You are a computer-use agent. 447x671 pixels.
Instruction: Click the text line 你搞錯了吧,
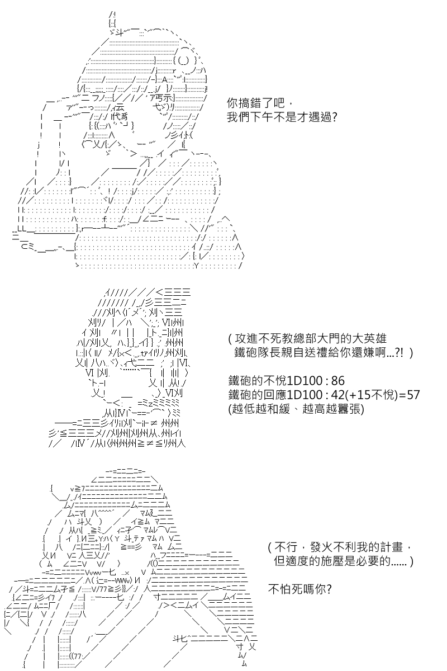click(x=259, y=103)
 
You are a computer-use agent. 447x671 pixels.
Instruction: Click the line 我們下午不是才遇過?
click(x=282, y=117)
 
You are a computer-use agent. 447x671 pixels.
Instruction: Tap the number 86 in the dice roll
click(x=338, y=381)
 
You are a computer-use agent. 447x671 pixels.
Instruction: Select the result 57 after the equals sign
click(x=413, y=395)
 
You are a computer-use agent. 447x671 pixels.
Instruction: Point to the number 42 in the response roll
click(x=338, y=395)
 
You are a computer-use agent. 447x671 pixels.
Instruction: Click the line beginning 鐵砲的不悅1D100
click(x=287, y=381)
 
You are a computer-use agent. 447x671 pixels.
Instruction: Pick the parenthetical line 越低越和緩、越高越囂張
click(x=296, y=409)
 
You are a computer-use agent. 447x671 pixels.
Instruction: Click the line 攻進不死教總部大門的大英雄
click(x=307, y=338)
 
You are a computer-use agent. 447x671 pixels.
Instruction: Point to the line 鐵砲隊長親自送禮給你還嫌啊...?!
click(x=324, y=353)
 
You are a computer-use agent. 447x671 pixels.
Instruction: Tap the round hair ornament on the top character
click(x=183, y=61)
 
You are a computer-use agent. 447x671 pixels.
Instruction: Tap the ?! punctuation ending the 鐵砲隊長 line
click(x=399, y=353)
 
